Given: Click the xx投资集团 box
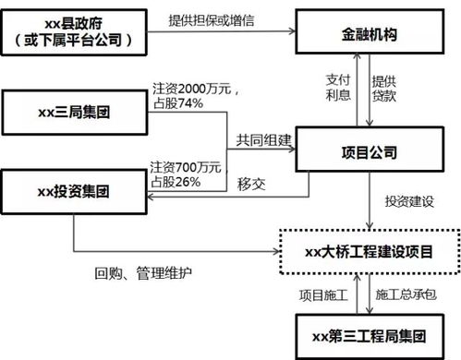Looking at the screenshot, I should point(73,193).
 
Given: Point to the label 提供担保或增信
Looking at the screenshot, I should point(213,20).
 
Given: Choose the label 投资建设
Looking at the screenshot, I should point(407,200).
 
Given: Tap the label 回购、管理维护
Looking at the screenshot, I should point(144,273).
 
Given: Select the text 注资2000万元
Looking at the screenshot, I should point(193,90).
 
